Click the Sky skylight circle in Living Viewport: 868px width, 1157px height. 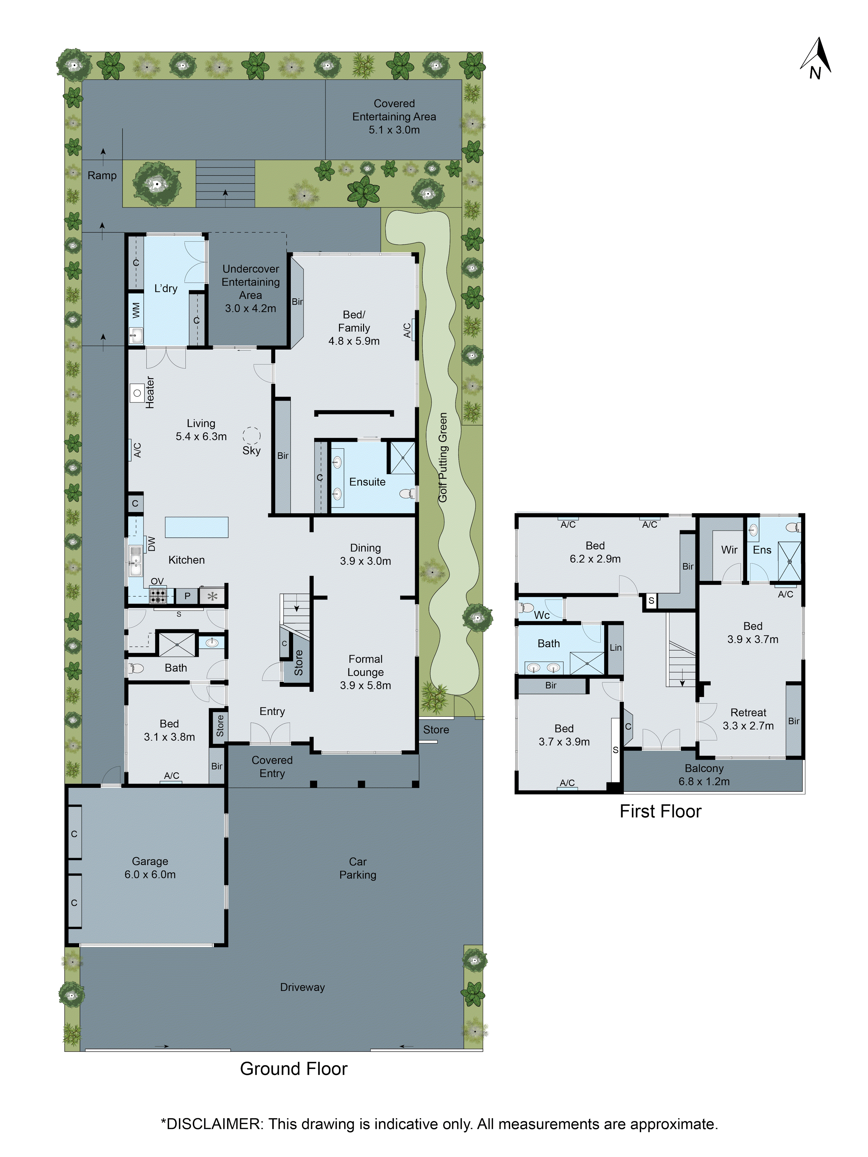point(251,435)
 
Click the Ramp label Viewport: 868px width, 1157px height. point(102,176)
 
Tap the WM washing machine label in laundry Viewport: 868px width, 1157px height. point(136,310)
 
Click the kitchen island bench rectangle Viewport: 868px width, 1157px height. point(197,527)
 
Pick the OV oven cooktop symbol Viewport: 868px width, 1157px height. point(158,595)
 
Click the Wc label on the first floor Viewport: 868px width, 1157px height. point(542,615)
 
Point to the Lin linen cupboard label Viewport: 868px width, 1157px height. point(615,648)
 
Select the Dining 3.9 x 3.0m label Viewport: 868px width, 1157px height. point(365,554)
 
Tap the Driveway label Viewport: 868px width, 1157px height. point(302,987)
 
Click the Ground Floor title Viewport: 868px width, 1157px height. point(293,1068)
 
